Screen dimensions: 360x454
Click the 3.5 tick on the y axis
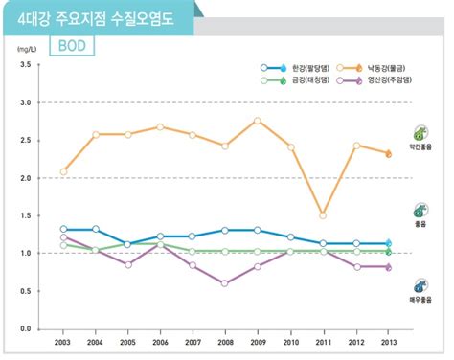(x=25, y=64)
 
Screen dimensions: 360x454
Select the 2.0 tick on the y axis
(x=25, y=178)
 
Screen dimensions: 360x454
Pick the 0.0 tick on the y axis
(x=25, y=328)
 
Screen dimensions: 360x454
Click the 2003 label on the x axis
(x=63, y=341)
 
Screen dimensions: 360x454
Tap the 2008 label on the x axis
(x=225, y=341)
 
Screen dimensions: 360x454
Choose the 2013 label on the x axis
(x=387, y=341)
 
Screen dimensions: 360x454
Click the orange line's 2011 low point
(x=323, y=215)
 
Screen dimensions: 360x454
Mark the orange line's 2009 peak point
(x=258, y=120)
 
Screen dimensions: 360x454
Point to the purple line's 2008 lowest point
(x=225, y=283)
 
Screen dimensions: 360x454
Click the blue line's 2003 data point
(x=63, y=230)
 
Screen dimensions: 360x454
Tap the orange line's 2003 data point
(x=63, y=171)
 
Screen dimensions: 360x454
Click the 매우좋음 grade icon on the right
(x=420, y=286)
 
